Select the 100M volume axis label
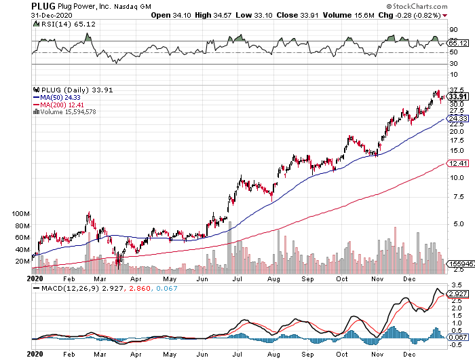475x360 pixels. point(21,213)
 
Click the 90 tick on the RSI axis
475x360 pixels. point(453,31)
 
